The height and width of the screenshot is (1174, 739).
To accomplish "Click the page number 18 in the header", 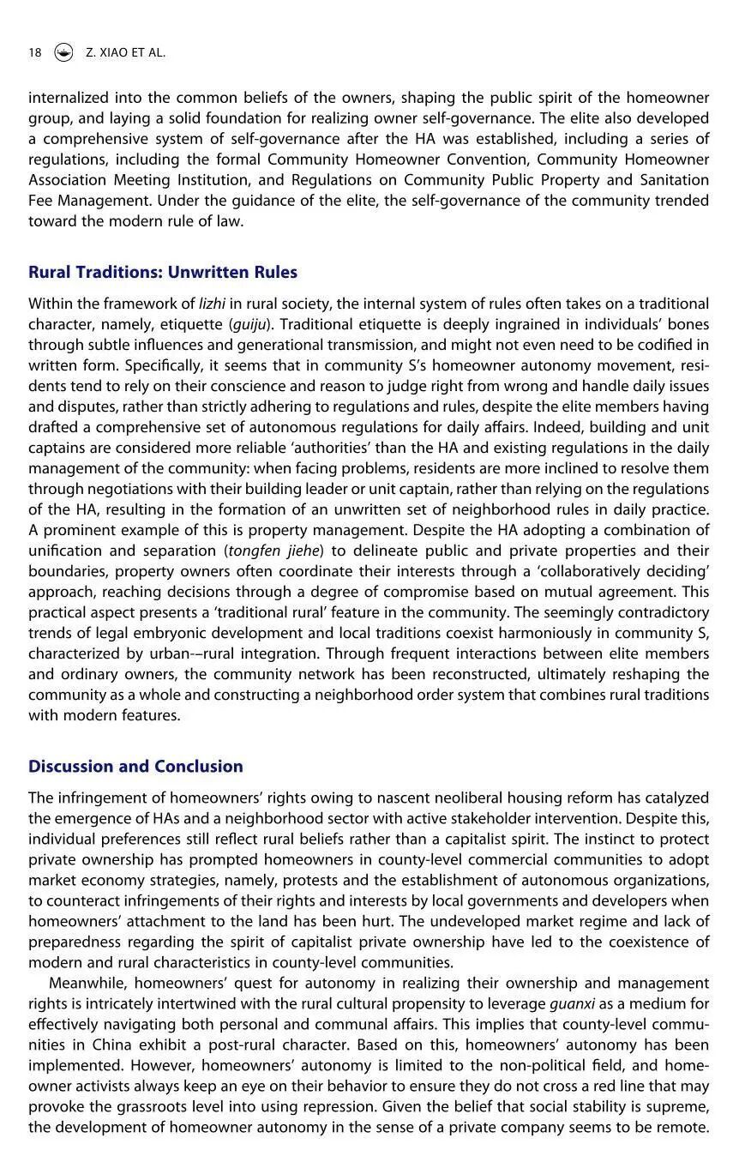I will coord(34,52).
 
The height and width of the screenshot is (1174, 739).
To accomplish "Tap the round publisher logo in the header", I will coord(63,52).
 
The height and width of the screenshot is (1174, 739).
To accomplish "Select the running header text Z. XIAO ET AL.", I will coord(125,52).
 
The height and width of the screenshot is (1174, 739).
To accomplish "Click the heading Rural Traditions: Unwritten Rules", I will coord(163,272).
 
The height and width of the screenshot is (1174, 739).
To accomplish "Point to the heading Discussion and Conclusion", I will coord(135,766).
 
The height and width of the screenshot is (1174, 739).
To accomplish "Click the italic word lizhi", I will coord(213,304).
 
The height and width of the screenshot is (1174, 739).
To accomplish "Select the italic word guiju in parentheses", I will coord(250,324).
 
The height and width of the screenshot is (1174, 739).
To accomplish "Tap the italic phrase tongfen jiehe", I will coord(270,551).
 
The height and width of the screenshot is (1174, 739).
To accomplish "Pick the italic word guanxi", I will coord(572,1003).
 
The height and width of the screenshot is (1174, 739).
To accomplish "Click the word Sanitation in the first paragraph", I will coord(674,180).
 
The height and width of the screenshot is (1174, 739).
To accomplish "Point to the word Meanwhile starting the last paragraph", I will coord(87,983).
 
